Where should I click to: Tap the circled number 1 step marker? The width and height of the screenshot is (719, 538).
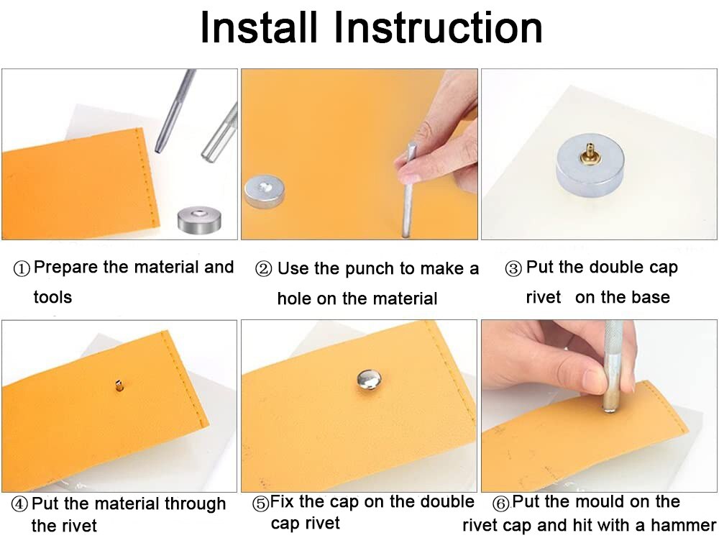22,268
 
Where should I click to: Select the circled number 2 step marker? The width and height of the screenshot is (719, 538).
263,269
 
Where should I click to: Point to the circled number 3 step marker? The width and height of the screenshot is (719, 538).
513,268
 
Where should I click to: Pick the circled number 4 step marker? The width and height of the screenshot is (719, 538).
19,504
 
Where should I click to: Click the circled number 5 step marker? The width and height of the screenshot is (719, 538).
261,503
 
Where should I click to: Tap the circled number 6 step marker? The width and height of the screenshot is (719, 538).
500,503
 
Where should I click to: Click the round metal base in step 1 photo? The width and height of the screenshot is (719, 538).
199,219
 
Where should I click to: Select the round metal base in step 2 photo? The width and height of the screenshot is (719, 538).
264,191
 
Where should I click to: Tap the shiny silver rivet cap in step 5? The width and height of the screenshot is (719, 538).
369,380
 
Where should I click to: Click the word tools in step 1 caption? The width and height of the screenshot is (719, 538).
52,297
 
